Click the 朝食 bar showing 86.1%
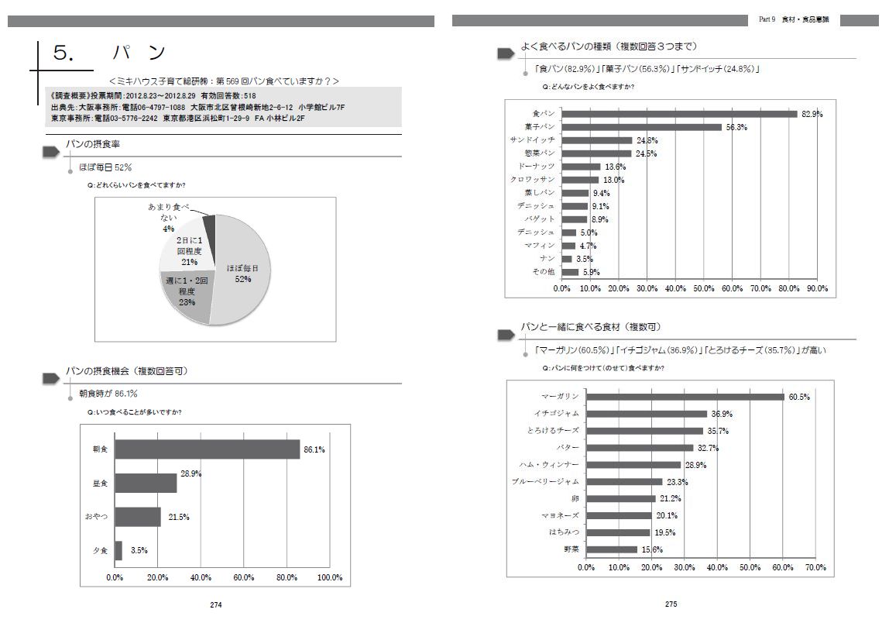pos(207,449)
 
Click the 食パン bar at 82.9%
pos(679,114)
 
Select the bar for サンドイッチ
pos(597,140)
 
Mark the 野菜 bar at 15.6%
pos(612,549)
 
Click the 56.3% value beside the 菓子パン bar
pos(736,127)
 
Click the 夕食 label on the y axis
pos(100,551)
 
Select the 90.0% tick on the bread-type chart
pos(817,288)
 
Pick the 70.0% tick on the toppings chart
pos(815,567)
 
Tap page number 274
pos(217,605)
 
